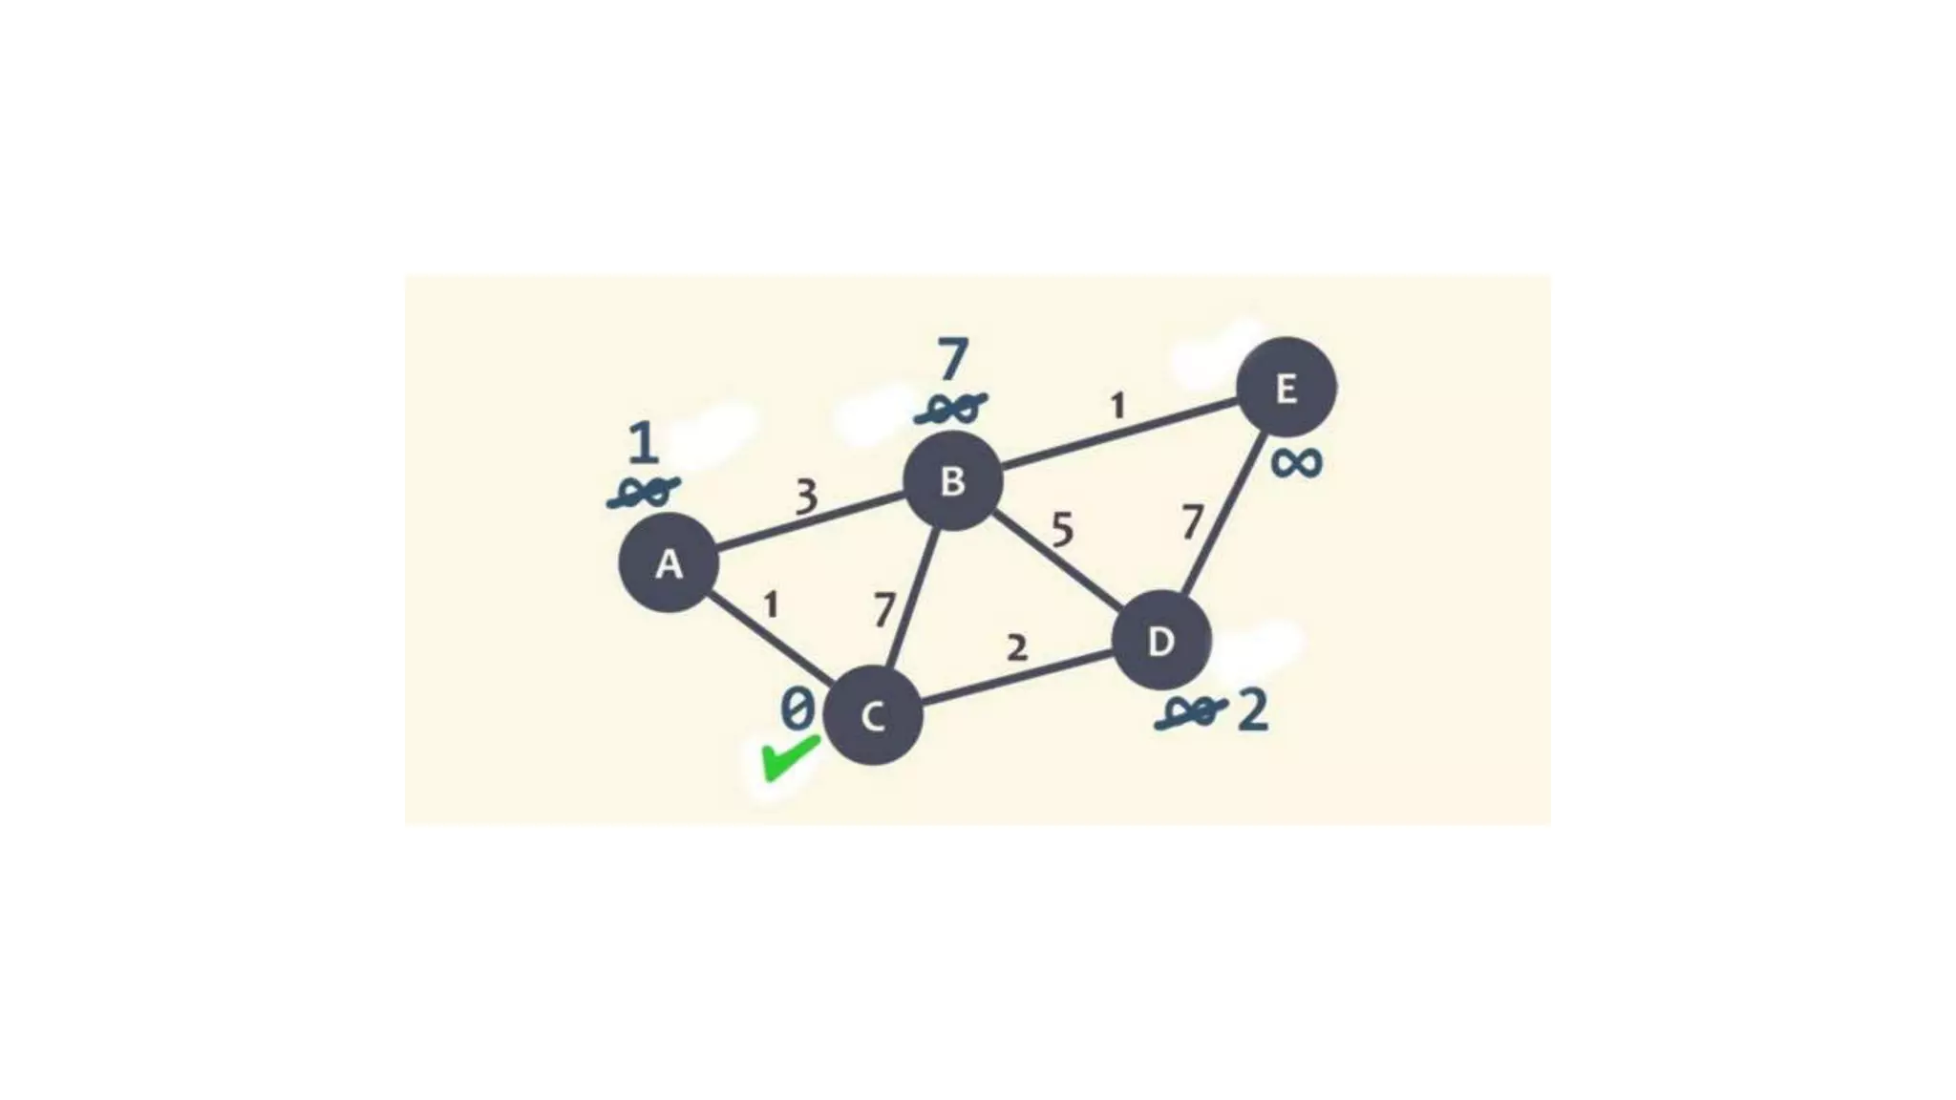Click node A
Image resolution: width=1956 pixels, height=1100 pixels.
669,562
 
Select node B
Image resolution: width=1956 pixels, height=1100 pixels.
952,480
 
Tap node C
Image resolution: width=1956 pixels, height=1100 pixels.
872,715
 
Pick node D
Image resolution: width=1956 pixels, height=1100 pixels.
1161,640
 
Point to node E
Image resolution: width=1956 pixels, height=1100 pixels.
1286,387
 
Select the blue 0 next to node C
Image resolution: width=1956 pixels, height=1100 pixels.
797,709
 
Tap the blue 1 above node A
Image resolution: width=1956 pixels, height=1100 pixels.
644,443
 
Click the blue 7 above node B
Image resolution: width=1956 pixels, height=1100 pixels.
952,360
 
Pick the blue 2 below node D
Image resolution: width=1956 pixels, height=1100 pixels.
1253,711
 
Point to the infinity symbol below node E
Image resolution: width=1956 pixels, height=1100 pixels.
1296,464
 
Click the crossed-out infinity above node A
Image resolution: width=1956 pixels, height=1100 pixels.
644,493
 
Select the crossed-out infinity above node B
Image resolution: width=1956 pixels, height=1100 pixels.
950,410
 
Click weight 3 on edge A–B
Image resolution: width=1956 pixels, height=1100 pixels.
807,497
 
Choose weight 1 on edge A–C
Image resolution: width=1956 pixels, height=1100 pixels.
771,604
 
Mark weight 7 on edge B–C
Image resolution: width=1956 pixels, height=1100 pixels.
885,609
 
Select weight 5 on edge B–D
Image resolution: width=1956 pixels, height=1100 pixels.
1062,529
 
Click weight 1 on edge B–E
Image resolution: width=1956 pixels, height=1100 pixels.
1117,407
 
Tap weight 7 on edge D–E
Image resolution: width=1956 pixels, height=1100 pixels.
1191,522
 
